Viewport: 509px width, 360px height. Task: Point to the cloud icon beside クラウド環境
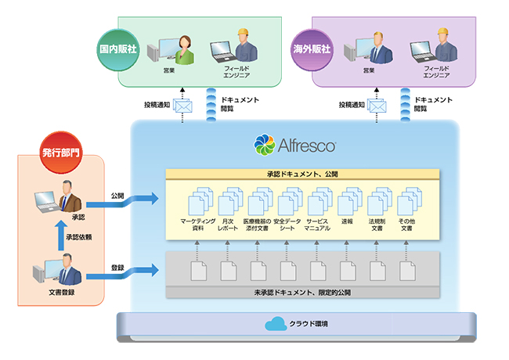[276, 323]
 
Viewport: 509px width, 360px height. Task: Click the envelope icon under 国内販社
[182, 105]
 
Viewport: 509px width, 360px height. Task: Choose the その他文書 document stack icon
[406, 201]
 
